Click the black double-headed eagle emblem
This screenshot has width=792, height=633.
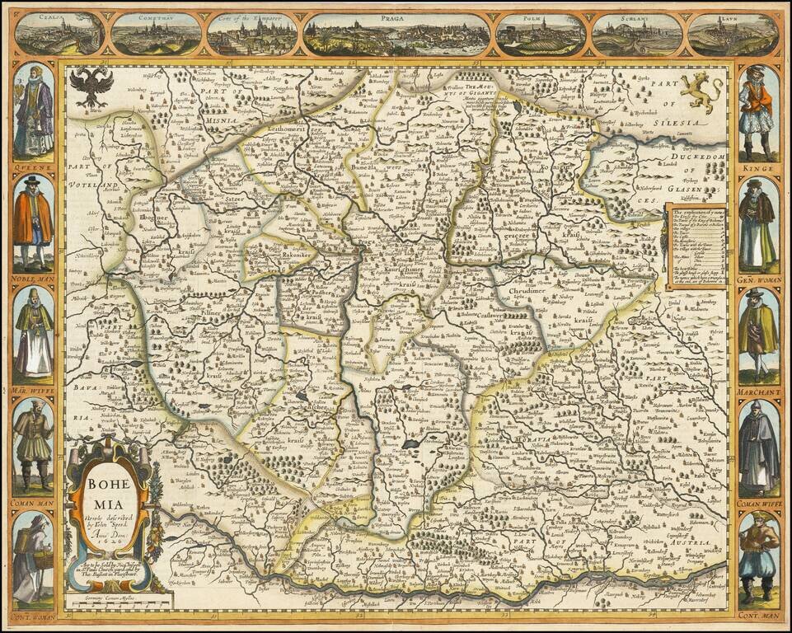91,87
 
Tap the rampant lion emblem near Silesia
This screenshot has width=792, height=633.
701,91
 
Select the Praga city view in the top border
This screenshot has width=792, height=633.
398,35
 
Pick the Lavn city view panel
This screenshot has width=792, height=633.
733,35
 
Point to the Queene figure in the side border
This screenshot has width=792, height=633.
33,111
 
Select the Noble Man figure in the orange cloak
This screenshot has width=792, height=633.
33,223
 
